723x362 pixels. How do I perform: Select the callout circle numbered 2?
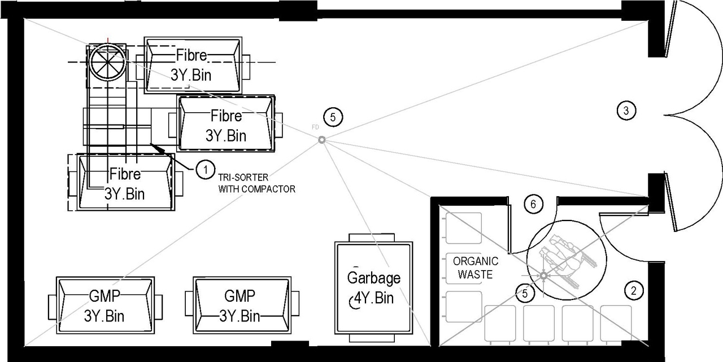[634, 290]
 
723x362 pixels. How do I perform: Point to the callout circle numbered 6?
[530, 204]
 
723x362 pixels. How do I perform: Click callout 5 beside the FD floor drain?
[333, 117]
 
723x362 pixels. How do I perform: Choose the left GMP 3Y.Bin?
[106, 305]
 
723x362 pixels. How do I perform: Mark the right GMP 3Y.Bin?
[242, 305]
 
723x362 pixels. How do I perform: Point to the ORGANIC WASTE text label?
[476, 268]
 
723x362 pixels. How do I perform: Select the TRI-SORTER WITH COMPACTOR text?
[256, 184]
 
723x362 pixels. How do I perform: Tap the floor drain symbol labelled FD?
[321, 140]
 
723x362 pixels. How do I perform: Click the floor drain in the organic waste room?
[543, 276]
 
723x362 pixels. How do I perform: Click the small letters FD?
[315, 128]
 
